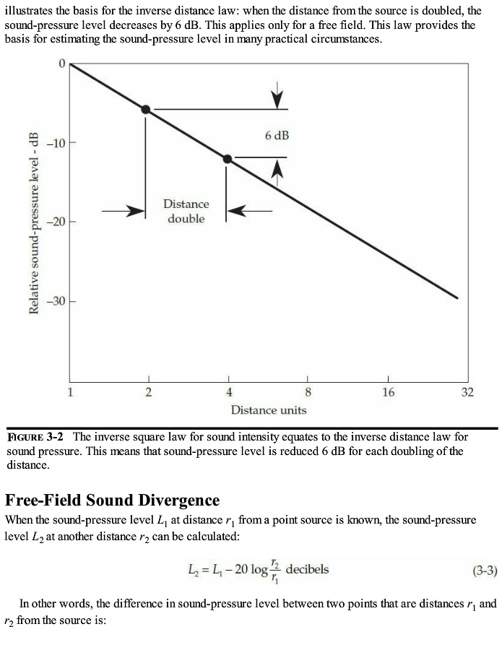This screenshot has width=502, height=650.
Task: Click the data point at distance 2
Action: [146, 109]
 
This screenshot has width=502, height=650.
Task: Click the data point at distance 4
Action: [228, 159]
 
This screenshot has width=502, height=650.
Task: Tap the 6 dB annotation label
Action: [277, 135]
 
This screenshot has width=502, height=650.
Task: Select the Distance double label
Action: [186, 212]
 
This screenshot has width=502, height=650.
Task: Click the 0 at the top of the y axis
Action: [62, 64]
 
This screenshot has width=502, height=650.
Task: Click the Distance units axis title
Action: [269, 410]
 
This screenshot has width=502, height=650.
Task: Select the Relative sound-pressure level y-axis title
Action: [33, 224]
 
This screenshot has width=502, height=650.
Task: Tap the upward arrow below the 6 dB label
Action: [277, 168]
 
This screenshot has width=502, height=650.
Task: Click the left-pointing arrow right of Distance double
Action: [250, 211]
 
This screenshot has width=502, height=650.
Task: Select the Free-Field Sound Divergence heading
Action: [112, 500]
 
